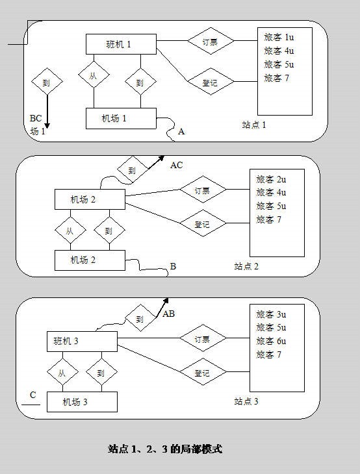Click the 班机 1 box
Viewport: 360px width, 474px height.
pos(121,44)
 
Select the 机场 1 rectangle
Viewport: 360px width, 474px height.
pos(121,118)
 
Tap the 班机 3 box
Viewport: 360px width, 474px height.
pos(82,342)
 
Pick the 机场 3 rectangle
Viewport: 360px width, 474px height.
pos(82,402)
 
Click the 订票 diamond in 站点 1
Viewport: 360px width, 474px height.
pos(211,41)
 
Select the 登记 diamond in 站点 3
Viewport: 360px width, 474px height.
pos(203,372)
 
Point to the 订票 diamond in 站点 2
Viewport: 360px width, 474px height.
pos(203,190)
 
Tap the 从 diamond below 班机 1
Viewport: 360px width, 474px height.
pos(94,75)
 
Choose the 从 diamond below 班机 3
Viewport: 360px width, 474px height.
pos(62,372)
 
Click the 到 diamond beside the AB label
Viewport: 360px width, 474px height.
pos(140,318)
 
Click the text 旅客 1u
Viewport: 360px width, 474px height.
pos(279,37)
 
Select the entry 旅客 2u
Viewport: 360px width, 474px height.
pos(271,179)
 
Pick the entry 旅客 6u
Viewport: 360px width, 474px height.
pos(271,341)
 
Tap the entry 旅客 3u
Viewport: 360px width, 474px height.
pos(271,314)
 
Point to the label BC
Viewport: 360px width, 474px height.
pos(36,118)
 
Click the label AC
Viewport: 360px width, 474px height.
pos(177,165)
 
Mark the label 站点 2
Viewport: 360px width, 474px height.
pos(246,266)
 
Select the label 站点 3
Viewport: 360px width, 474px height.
pos(246,401)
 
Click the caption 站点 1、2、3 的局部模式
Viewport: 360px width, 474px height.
pos(165,449)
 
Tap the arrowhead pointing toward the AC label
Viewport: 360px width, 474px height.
pos(161,158)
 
